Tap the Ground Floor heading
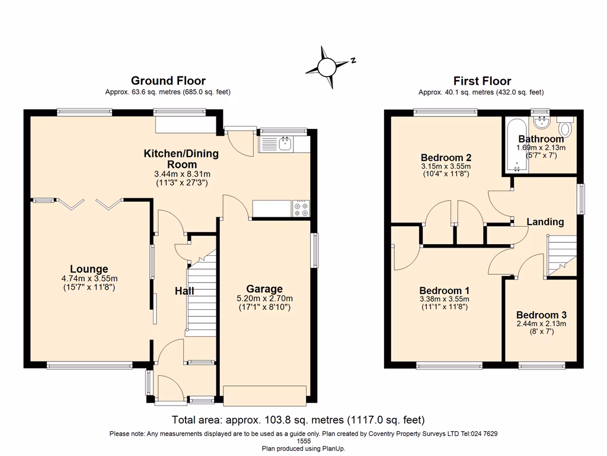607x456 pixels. tap(168, 81)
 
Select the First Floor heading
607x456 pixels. tap(481, 81)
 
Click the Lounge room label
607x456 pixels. tap(89, 269)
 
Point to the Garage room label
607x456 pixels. tap(264, 289)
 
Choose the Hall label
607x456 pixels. tap(184, 291)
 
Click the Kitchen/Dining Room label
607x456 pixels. tap(181, 159)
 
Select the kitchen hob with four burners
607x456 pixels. tap(301, 209)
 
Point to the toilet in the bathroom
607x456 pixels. tap(566, 129)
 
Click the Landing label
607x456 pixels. tap(545, 221)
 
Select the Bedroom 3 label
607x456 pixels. tap(541, 315)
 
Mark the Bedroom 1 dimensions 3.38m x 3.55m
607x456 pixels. tap(445, 299)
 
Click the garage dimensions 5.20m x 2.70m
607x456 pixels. tap(264, 299)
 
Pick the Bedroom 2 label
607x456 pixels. tap(446, 157)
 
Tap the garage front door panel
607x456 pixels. tap(264, 395)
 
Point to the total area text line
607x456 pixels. tap(298, 420)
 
